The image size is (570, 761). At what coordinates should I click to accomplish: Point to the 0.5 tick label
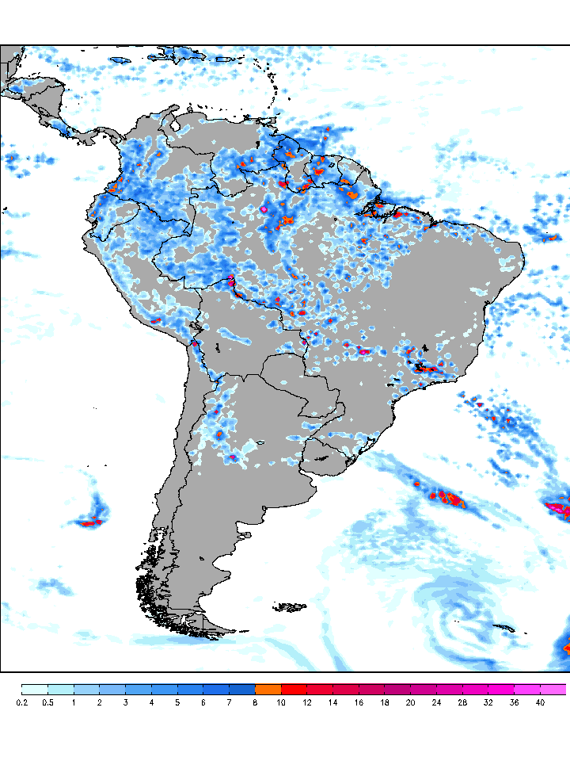pos(47,702)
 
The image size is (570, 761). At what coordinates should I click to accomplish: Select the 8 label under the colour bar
pos(255,702)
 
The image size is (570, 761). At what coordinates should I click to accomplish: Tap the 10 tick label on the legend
pos(281,702)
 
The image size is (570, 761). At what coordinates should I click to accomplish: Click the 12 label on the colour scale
pos(307,702)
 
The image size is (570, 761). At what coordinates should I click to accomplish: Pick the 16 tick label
pos(359,702)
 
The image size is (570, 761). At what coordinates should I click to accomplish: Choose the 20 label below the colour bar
pos(410,702)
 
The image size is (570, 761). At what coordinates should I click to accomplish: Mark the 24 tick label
pos(436,702)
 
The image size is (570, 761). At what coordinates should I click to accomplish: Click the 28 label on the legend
pos(462,702)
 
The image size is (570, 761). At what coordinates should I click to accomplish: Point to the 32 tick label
pos(488,702)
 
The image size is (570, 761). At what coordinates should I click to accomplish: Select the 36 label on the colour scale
pos(514,702)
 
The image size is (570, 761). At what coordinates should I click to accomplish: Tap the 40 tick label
pos(540,702)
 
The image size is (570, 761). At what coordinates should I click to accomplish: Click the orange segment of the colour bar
pos(268,689)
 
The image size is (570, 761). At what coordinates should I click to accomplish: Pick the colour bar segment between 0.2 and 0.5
pos(35,689)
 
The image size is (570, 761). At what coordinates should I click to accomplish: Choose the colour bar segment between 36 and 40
pos(527,689)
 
